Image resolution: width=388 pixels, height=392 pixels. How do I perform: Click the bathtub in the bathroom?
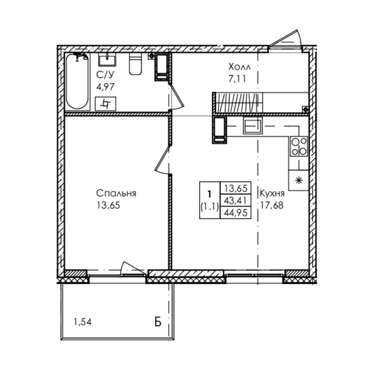click(x=77, y=82)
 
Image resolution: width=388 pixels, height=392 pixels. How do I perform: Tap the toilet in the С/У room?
click(x=135, y=64)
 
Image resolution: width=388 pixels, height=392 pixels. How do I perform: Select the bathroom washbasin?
click(x=107, y=60)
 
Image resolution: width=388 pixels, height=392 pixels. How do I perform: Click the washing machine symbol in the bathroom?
click(x=105, y=104)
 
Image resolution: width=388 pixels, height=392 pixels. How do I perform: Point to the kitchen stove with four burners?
click(x=299, y=147)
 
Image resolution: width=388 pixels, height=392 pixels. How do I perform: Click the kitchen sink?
click(x=253, y=125)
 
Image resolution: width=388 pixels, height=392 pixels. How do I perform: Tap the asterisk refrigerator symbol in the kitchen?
click(x=299, y=180)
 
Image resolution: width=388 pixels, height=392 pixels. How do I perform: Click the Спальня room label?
click(x=116, y=193)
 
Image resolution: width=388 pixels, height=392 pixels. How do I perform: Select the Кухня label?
click(x=272, y=193)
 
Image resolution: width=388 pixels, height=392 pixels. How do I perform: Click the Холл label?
click(x=239, y=67)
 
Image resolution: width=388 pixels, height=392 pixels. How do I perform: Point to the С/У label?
click(x=105, y=74)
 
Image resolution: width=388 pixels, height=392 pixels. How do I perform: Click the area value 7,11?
click(x=237, y=79)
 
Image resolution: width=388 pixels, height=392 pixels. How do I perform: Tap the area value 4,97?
click(x=105, y=87)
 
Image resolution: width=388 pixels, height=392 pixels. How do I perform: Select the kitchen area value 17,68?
click(x=272, y=206)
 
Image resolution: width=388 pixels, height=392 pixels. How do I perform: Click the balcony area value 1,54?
click(x=82, y=322)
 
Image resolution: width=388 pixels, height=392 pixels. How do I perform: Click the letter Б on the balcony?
click(x=158, y=322)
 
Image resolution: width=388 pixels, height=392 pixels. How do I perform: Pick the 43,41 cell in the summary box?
click(x=236, y=200)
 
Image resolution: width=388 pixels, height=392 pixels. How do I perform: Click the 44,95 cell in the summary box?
click(x=236, y=212)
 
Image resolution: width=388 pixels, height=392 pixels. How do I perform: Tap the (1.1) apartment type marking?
click(x=210, y=207)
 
